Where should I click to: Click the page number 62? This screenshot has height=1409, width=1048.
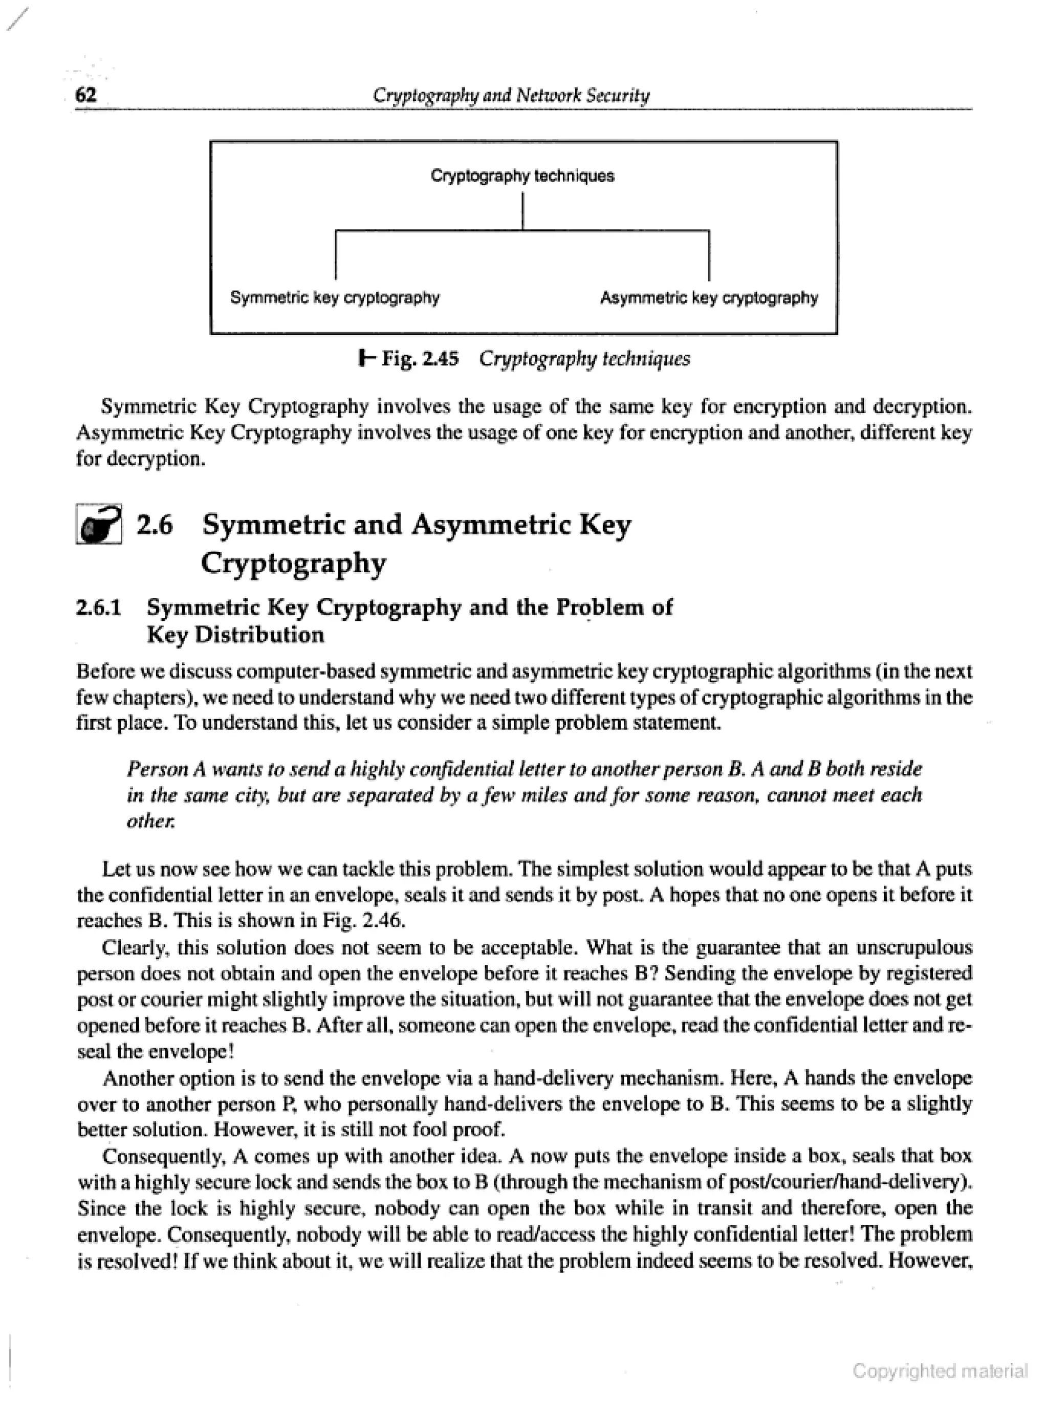coord(85,95)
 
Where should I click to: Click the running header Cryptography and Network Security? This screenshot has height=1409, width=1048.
coord(511,95)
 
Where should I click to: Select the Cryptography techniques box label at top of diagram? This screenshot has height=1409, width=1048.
coord(522,176)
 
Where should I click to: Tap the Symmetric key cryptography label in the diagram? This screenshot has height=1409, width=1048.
coord(334,297)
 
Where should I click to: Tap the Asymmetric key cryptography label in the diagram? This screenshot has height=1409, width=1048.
coord(709,297)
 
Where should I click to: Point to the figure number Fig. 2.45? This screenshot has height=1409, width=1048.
coord(419,359)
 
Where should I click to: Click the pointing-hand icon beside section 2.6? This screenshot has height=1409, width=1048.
coord(99,524)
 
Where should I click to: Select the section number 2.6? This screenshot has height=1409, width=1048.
coord(155,525)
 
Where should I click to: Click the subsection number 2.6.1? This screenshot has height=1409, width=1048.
coord(98,608)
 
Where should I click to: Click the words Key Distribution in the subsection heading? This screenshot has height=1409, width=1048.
coord(235,635)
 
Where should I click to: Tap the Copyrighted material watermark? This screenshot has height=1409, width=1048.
coord(940,1372)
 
